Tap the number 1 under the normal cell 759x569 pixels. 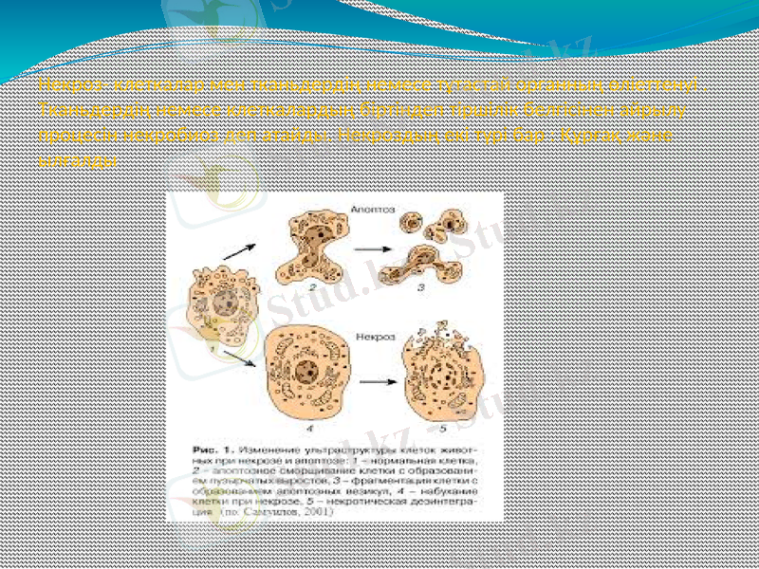click(222, 350)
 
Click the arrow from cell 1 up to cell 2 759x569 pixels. click(238, 251)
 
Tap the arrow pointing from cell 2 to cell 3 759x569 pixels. click(374, 248)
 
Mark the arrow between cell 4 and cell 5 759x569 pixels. click(376, 381)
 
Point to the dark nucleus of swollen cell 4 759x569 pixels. click(305, 371)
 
